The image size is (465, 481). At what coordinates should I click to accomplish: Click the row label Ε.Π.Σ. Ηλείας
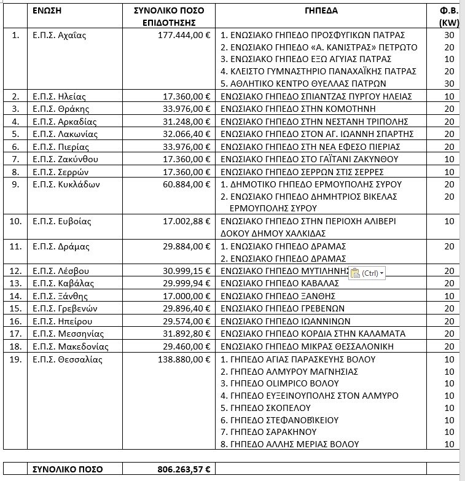tap(58, 96)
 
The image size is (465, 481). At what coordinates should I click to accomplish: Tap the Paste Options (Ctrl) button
tap(366, 272)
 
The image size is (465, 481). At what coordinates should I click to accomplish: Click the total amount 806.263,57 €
tap(182, 469)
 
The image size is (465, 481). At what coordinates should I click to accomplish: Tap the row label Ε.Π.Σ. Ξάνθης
tap(58, 295)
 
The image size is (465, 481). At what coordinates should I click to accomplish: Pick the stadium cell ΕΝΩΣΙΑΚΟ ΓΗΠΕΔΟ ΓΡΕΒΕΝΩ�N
tap(282, 308)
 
